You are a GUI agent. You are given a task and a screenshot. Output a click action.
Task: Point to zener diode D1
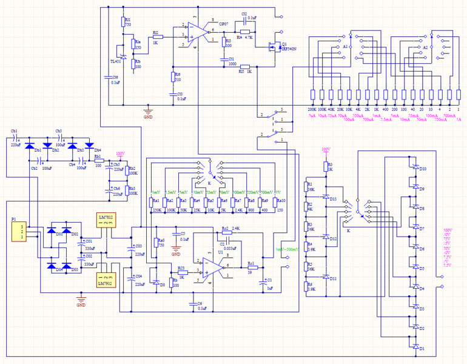point(416,348)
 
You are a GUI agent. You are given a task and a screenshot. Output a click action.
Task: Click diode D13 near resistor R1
point(325,198)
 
